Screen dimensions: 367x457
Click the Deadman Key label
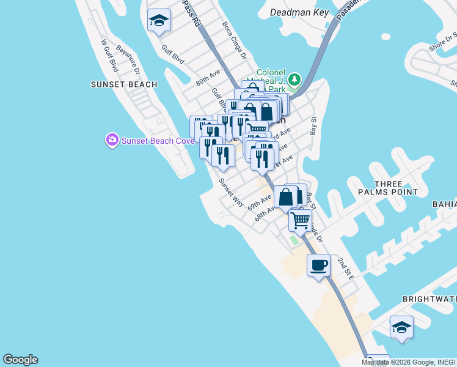[x=299, y=13]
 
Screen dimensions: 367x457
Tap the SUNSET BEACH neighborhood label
[x=124, y=84]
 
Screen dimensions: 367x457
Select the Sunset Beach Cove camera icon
[x=112, y=141]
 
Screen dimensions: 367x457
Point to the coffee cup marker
[x=318, y=265]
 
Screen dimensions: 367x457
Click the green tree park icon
[x=295, y=80]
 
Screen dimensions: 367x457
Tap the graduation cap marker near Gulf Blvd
[x=159, y=20]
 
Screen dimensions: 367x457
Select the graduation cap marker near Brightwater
[x=401, y=327]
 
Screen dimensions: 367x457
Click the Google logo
[x=20, y=360]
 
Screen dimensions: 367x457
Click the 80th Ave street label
[x=208, y=79]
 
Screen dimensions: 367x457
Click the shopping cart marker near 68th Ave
[x=300, y=220]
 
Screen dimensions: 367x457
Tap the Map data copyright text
[x=408, y=362]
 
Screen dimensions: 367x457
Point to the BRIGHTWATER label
[x=430, y=300]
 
